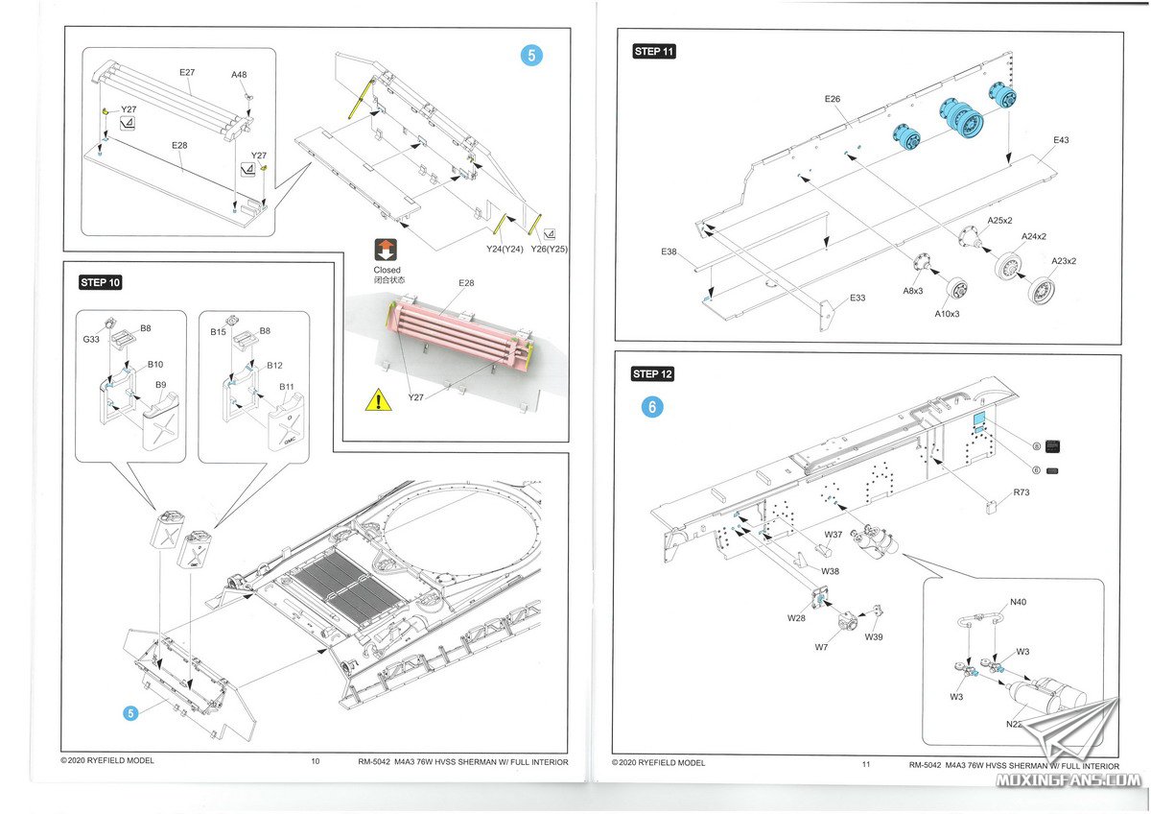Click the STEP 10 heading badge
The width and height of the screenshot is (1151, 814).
(x=100, y=282)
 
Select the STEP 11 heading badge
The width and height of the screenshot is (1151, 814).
(x=653, y=52)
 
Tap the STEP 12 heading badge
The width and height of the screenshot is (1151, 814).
(x=652, y=373)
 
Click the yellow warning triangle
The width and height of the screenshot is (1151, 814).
(x=378, y=399)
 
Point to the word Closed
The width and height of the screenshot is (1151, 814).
(x=387, y=270)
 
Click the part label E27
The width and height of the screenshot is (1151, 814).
(x=187, y=73)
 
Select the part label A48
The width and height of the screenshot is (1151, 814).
(x=239, y=75)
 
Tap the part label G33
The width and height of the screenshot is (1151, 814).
(x=91, y=340)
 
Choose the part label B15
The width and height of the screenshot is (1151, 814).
(x=218, y=332)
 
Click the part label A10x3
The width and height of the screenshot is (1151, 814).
(x=947, y=314)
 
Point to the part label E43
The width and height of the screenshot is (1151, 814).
(x=1061, y=140)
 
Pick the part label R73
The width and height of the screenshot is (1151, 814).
(x=1022, y=492)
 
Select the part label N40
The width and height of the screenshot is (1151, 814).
(x=1018, y=602)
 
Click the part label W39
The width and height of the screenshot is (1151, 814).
(x=874, y=636)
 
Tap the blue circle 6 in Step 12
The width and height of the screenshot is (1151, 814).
(x=652, y=407)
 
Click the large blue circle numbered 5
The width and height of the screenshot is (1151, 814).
(x=531, y=55)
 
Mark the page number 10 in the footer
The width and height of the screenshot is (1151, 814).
(x=316, y=761)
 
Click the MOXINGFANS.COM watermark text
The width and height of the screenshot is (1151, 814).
(x=1069, y=780)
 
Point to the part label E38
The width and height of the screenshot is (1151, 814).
(x=669, y=251)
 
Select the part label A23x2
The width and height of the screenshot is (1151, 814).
(x=1064, y=261)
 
